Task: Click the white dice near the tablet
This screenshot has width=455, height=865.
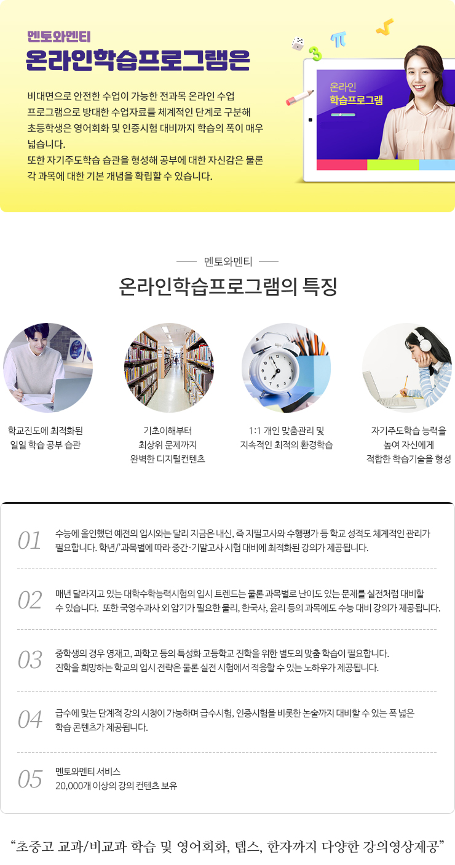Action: coord(298,44)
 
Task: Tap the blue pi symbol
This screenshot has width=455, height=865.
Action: coord(338,39)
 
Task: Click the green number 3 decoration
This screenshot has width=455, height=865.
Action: coord(315,54)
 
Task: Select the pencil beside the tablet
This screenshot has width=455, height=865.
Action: coord(299,97)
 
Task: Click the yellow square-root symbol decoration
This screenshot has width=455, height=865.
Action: coord(385,27)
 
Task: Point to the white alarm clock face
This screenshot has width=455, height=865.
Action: coord(275,370)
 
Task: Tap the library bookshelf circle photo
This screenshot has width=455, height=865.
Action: coord(168,368)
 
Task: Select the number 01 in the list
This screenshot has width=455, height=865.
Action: coord(30,540)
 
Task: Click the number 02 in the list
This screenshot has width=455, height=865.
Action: coord(30,600)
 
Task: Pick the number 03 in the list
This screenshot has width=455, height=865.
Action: coord(30,660)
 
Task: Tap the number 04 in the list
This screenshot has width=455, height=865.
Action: coord(30,719)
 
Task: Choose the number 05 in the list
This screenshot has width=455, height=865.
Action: coord(30,779)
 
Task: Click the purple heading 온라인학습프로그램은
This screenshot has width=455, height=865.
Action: coord(138,60)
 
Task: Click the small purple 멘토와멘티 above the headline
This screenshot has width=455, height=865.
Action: coord(58,37)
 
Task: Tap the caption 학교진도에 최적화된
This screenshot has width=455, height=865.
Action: coord(45,431)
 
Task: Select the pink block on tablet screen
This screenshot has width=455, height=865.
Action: coord(341,165)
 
